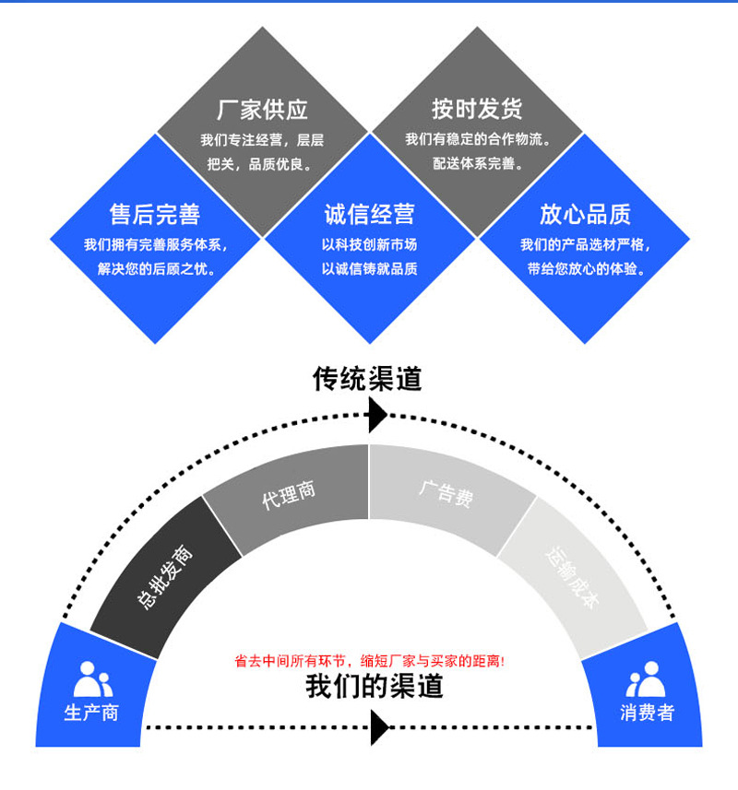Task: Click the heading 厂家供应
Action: click(262, 110)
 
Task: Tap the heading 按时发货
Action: click(477, 109)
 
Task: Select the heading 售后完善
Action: click(154, 215)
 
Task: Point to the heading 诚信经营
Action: click(369, 215)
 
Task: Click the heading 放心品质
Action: click(585, 215)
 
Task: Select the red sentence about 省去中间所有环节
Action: click(369, 661)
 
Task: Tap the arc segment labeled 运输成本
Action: click(573, 577)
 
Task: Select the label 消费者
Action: click(647, 713)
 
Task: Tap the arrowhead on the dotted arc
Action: click(376, 416)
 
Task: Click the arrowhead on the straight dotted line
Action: click(378, 728)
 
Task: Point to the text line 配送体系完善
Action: click(477, 164)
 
